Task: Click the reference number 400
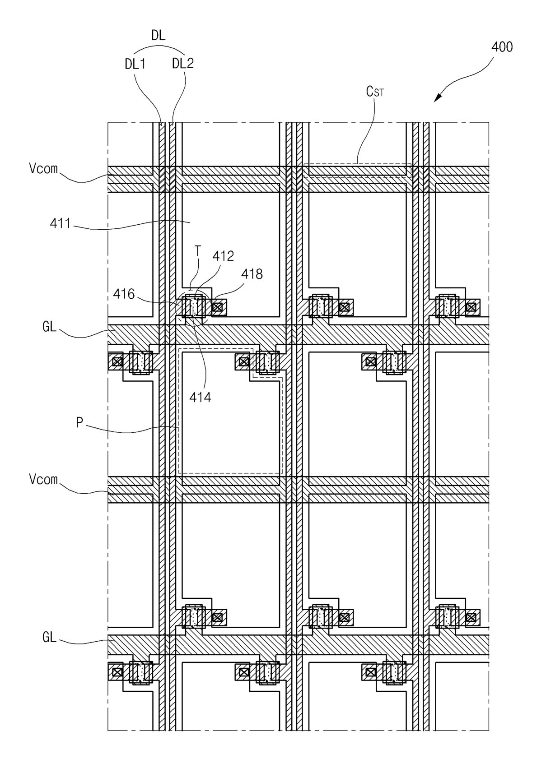coord(502,46)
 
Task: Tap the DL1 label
coord(135,64)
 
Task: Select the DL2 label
coord(183,63)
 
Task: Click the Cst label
coord(375,92)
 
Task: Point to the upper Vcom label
coord(43,168)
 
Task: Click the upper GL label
coord(49,326)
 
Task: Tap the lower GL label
coord(49,637)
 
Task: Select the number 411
coord(60,224)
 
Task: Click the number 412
coord(223,256)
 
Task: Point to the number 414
coord(200,398)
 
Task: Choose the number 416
coord(124,294)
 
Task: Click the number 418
coord(252,274)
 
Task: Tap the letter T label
coord(198,251)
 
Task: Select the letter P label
coord(79,422)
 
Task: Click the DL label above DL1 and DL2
coord(158,35)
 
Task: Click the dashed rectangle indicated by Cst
coord(357,171)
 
